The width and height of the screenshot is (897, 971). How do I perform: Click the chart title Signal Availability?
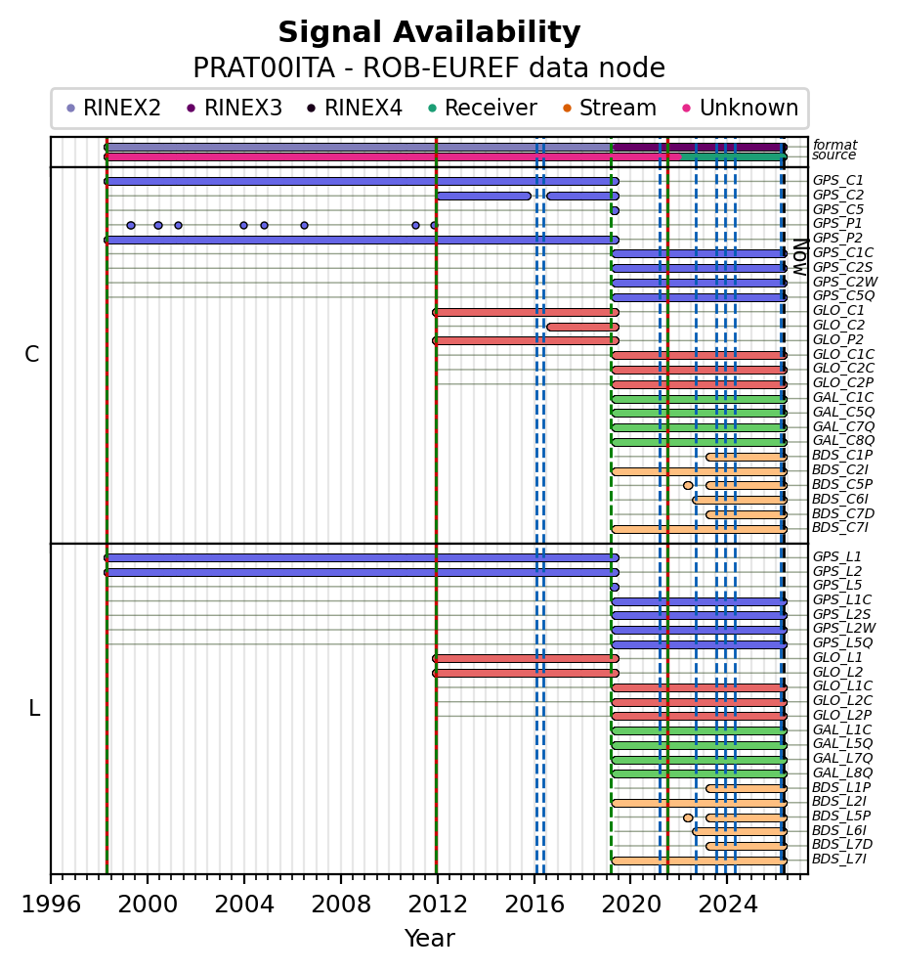429,33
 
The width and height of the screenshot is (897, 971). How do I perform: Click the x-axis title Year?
429,939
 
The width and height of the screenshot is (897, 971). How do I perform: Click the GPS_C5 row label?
837,209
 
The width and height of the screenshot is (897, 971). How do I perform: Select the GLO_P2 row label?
837,339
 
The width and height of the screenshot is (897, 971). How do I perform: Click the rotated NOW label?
799,256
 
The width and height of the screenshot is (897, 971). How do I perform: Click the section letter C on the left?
32,355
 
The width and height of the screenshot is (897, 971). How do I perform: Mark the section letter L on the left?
34,708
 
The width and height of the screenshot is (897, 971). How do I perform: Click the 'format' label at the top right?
834,145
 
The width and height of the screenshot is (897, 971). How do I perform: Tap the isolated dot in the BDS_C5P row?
688,485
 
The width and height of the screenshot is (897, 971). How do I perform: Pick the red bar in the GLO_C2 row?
582,327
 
